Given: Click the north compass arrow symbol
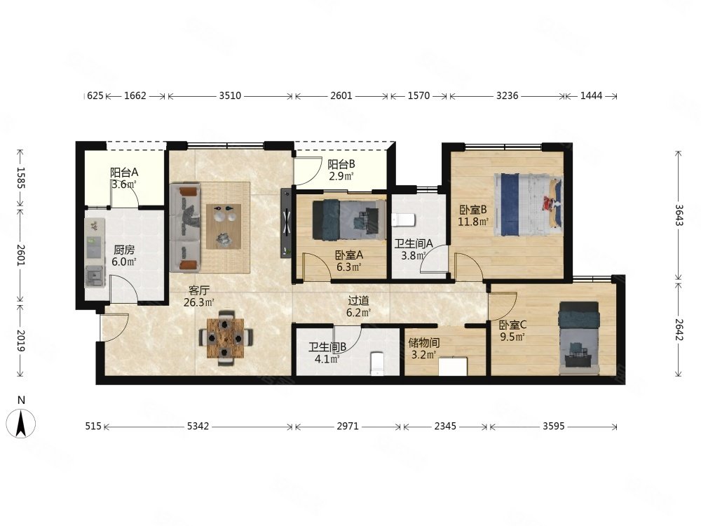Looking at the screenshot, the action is click(20, 424).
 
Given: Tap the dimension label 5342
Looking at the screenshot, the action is click(198, 426).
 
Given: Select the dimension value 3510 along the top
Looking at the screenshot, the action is click(230, 95).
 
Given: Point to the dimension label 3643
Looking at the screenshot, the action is click(679, 215).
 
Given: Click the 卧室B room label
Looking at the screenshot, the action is click(472, 210).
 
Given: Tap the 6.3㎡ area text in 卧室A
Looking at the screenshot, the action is click(348, 267).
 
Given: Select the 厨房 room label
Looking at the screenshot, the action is click(124, 250).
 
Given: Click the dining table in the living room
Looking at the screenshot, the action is click(226, 338).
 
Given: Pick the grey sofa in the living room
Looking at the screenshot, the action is click(185, 227).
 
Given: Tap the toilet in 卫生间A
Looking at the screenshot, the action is click(404, 220).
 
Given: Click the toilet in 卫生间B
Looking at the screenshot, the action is click(378, 363).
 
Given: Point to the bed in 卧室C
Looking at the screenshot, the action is click(579, 338).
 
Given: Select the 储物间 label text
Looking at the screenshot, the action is click(424, 343).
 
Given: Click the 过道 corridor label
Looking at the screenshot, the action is click(358, 301).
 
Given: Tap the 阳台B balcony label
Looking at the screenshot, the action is click(341, 164).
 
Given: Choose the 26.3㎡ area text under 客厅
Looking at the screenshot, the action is click(199, 302).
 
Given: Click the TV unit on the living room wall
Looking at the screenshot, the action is click(286, 223).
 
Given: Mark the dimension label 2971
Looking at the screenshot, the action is click(348, 426).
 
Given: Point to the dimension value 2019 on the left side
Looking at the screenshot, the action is click(20, 341).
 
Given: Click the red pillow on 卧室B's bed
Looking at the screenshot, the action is click(549, 203).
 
